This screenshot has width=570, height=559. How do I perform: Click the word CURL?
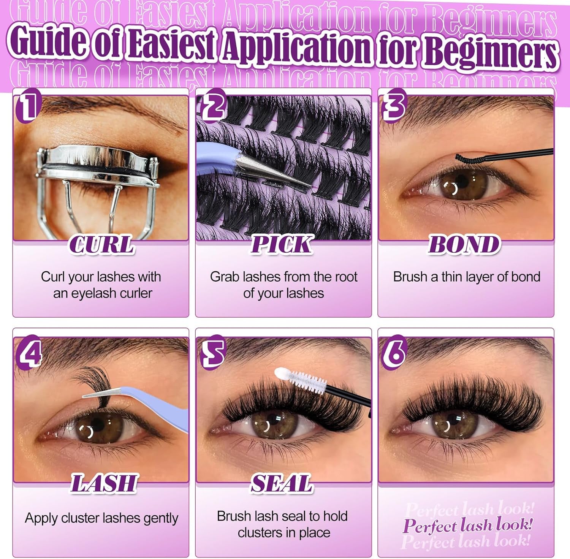102,244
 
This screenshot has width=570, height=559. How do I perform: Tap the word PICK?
282,244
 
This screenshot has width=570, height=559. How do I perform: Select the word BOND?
464,244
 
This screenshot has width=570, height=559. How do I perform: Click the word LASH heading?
103,483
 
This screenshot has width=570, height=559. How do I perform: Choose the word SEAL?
282,483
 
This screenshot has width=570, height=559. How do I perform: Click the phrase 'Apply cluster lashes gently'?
101,518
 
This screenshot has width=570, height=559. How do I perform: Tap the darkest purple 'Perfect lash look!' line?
467,526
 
